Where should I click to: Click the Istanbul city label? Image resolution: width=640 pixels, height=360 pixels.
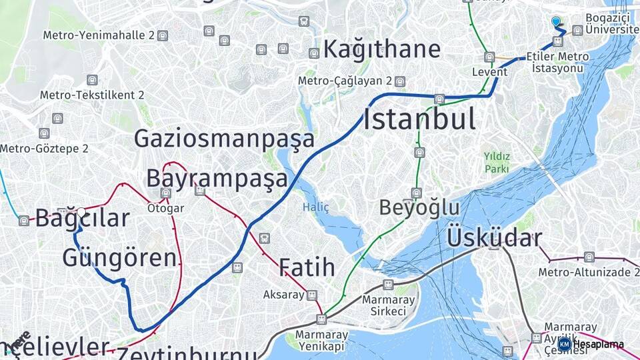(x=419, y=120)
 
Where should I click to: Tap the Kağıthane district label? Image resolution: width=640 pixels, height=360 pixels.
(x=382, y=49)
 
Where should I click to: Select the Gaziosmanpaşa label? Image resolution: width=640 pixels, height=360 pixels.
(x=224, y=139)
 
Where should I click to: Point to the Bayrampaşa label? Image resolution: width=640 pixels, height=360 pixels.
(x=217, y=179)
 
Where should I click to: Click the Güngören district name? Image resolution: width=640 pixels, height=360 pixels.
(x=120, y=258)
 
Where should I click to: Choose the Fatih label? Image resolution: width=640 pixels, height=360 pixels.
(x=307, y=267)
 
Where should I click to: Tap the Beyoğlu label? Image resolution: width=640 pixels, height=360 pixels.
(x=419, y=207)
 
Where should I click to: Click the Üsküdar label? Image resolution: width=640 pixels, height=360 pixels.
(x=494, y=238)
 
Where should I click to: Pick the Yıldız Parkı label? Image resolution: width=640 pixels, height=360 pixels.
(x=497, y=163)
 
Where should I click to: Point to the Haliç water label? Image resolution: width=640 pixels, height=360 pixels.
(x=316, y=207)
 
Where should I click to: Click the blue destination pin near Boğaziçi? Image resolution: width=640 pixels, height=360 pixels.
(x=556, y=22)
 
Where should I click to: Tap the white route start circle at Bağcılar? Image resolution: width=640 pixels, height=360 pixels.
(x=81, y=212)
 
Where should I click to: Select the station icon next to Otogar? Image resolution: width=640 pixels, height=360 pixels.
(x=166, y=193)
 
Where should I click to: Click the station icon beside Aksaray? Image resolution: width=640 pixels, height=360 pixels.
(x=311, y=295)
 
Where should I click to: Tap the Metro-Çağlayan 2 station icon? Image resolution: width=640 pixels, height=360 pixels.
(x=399, y=81)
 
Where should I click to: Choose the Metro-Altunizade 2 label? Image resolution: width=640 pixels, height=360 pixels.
(x=578, y=272)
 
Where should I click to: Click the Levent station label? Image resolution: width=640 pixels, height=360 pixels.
(x=485, y=71)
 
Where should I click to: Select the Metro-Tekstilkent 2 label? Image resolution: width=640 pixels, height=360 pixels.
(x=92, y=95)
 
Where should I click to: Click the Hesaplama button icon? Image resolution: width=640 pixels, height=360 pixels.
(x=565, y=344)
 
